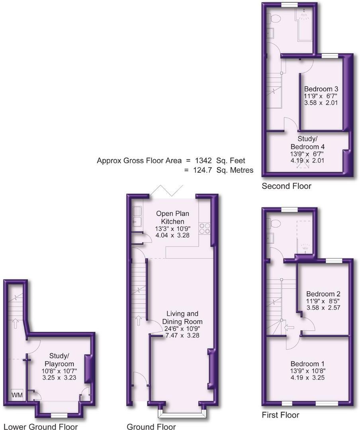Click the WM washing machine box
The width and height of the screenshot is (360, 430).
(x=17, y=395)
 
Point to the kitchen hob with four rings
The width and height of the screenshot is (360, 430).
(x=204, y=228)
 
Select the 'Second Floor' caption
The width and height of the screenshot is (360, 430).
(x=286, y=186)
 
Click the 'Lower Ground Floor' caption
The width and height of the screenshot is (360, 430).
(x=40, y=427)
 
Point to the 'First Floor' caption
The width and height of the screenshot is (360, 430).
(x=280, y=415)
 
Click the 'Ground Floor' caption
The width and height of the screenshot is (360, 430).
(x=151, y=427)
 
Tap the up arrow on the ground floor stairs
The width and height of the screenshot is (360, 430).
(x=139, y=319)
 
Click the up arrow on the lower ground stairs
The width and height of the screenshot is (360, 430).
(x=15, y=322)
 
